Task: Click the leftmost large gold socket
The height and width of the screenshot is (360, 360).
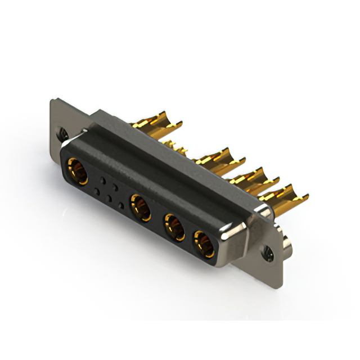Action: pyautogui.click(x=78, y=171)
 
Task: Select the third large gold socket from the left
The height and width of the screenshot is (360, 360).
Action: pyautogui.click(x=174, y=226)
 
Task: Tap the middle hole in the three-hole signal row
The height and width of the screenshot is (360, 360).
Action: pyautogui.click(x=109, y=198)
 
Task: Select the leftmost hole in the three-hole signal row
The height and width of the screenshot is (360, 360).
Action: pyautogui.click(x=97, y=192)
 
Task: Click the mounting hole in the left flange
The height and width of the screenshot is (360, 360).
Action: pyautogui.click(x=64, y=134)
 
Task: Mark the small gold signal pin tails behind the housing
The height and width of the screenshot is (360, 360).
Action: pyautogui.click(x=179, y=149)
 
